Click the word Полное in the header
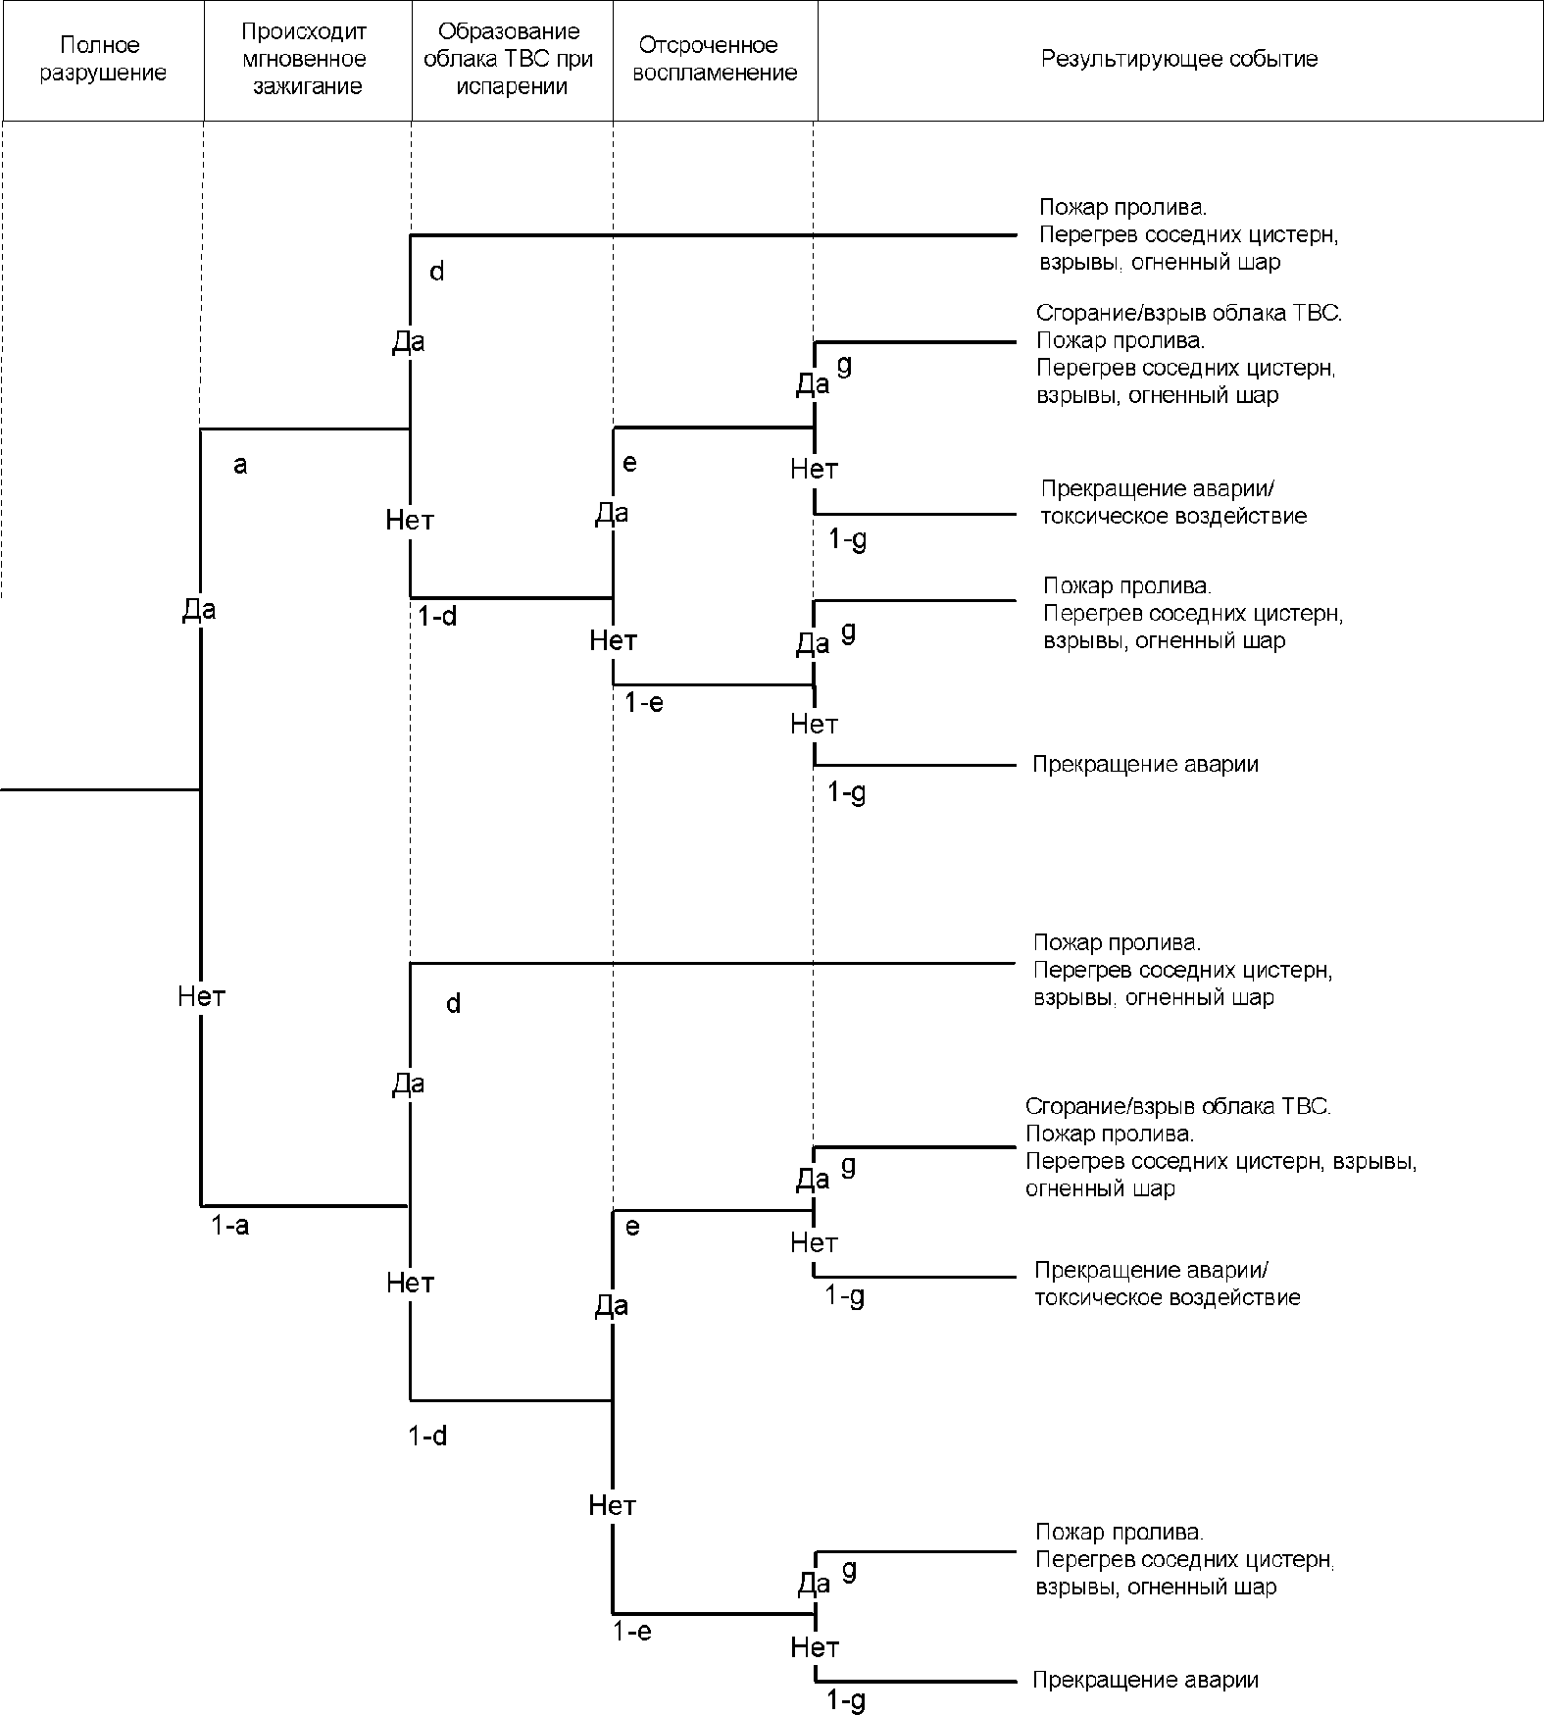click(x=100, y=45)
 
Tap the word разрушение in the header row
click(x=103, y=74)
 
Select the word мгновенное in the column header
click(x=304, y=59)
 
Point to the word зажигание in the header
click(x=308, y=86)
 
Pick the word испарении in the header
click(x=510, y=86)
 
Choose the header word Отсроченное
click(x=708, y=45)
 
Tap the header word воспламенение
click(x=715, y=74)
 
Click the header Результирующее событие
click(x=1179, y=59)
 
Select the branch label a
click(x=240, y=466)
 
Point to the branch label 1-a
click(x=230, y=1226)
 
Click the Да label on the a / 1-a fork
click(x=199, y=610)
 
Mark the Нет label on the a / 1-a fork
click(x=202, y=997)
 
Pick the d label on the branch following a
click(x=437, y=272)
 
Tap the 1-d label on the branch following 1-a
click(x=427, y=1437)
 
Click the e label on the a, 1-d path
click(x=630, y=463)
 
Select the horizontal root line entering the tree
click(x=100, y=788)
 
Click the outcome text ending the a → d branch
click(x=1188, y=235)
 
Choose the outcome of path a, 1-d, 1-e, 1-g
click(x=1146, y=764)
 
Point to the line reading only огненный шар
click(x=1100, y=1189)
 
